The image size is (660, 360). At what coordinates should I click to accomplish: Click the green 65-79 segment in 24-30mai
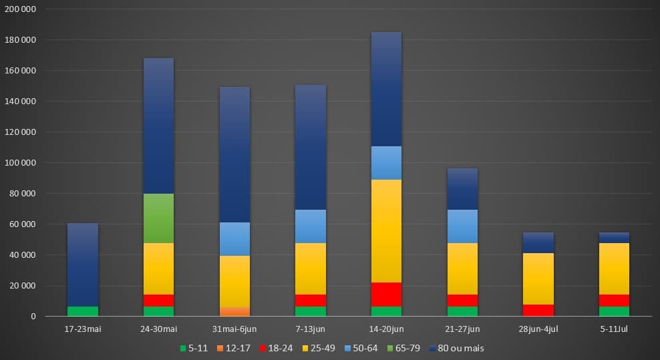(158, 218)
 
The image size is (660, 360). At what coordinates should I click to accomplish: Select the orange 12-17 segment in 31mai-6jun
(234, 311)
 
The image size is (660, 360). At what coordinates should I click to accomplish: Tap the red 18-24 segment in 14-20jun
(386, 295)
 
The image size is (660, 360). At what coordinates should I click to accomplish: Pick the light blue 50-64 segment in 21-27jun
(462, 226)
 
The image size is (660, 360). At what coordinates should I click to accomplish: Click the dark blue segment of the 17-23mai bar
(83, 264)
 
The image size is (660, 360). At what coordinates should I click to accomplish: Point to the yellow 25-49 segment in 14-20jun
(386, 231)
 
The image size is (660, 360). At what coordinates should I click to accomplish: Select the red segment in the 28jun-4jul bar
(538, 310)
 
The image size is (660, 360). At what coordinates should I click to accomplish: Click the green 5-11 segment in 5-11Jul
(614, 311)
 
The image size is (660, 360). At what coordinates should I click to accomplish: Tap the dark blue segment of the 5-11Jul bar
(614, 238)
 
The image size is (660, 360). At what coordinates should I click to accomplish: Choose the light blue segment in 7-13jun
(311, 226)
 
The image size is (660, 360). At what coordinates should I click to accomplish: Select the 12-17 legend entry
(235, 348)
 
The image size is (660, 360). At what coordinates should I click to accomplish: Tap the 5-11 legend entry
(194, 348)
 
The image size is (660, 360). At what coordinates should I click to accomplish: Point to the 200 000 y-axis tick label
(21, 9)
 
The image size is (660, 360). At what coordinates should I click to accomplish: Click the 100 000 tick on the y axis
(21, 163)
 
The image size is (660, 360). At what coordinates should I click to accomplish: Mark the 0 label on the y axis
(33, 317)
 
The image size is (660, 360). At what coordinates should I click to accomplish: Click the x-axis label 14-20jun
(386, 329)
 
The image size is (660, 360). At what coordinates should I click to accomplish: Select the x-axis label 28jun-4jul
(538, 329)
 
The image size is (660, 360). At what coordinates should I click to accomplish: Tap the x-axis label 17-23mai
(83, 329)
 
